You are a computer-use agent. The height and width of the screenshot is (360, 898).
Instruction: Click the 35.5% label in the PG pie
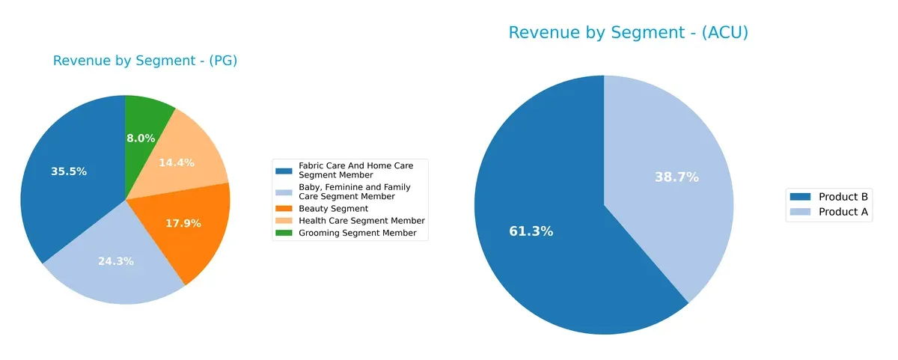point(69,171)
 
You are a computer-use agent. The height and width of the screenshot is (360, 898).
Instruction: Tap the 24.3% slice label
point(116,261)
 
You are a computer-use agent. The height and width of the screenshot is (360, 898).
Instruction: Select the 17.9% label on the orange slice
point(183,223)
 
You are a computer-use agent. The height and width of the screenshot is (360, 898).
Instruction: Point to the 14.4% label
point(177,162)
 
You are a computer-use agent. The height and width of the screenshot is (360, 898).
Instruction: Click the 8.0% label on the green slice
point(141,138)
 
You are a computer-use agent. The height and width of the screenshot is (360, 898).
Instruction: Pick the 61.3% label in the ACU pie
point(531,231)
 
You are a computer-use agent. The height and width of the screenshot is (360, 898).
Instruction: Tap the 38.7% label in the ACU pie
point(676,177)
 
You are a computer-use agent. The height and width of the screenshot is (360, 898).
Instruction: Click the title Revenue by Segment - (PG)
point(145,61)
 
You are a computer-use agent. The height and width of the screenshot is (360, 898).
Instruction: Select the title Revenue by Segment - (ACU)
point(629,33)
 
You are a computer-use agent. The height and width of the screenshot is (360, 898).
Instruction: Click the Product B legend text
point(843,197)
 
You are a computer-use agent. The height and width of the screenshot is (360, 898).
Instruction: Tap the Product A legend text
point(843,212)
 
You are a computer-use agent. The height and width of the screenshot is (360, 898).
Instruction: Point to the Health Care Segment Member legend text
point(361,221)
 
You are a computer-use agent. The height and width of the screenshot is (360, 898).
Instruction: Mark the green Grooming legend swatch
point(284,233)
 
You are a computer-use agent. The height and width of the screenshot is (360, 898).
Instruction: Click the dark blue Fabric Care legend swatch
point(284,171)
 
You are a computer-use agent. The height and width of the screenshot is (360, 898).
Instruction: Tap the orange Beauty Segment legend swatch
point(284,208)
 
